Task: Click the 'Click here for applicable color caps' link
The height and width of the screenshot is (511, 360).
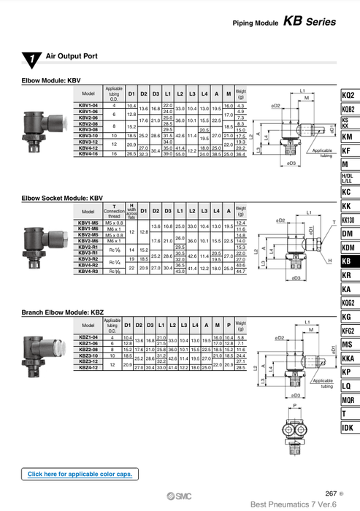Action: coord(80,474)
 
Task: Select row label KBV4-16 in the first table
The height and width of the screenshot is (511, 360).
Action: coord(88,154)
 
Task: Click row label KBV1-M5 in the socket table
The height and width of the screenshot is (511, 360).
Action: coord(88,223)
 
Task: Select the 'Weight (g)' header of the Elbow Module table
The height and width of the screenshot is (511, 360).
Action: coord(242,94)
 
